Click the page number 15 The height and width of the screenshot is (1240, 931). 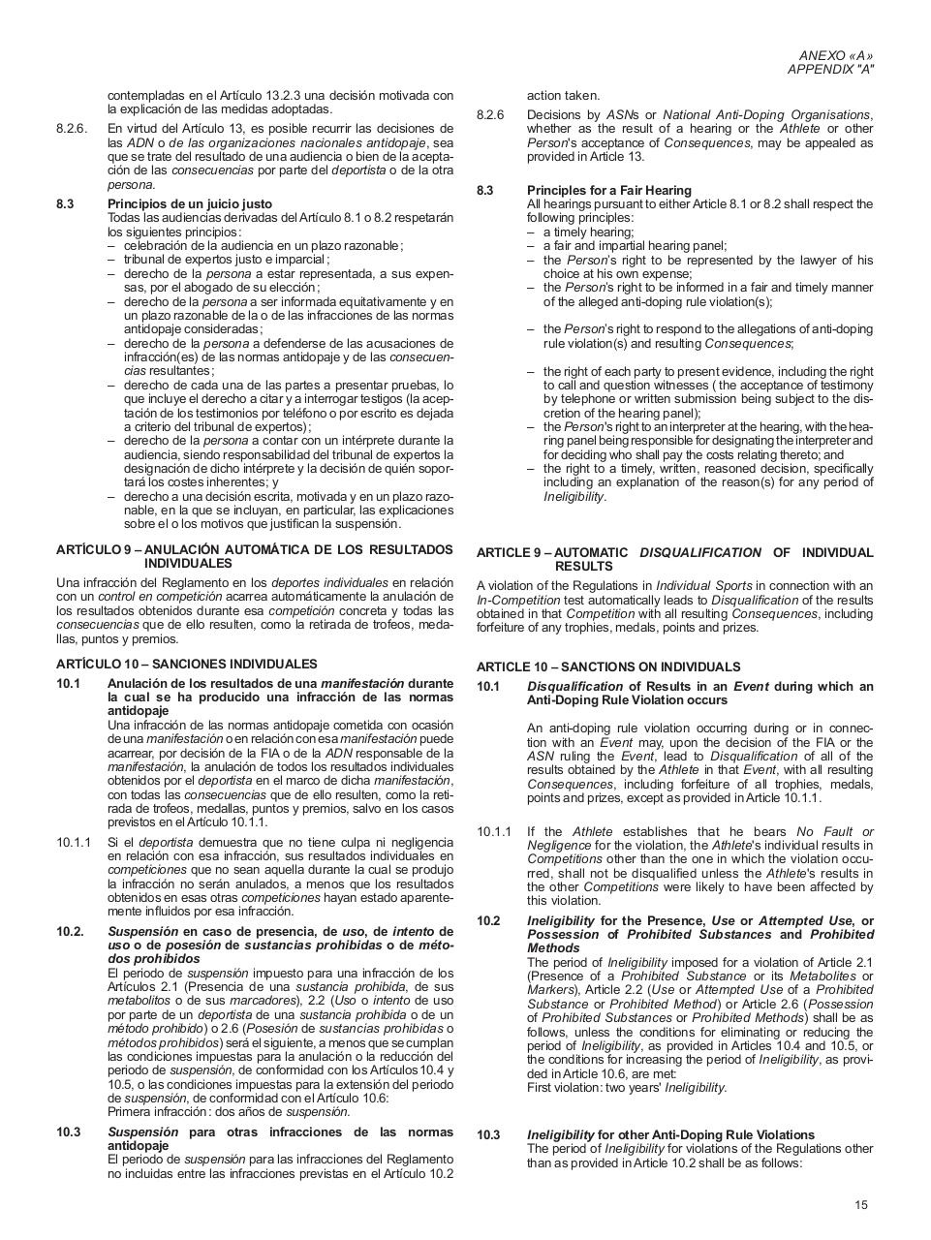coord(861,1204)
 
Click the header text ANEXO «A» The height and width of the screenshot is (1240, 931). coord(835,56)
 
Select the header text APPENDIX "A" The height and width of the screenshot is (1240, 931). coord(829,70)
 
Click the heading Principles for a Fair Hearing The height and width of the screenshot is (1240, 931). coord(608,191)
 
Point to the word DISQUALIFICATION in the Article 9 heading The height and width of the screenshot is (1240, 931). coord(699,552)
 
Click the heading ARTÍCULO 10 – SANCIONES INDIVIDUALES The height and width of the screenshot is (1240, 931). coord(186,664)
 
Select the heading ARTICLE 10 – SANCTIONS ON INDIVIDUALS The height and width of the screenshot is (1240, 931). coord(607,666)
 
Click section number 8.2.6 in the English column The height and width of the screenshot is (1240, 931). coord(490,115)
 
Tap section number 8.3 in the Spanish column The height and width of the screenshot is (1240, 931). coord(65,204)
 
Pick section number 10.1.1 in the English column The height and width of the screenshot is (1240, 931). coord(493,831)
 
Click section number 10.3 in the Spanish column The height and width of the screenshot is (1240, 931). coord(68,1131)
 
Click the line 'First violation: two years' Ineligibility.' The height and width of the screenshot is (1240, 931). coord(626,1087)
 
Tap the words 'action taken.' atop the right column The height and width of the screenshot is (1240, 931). coord(563,95)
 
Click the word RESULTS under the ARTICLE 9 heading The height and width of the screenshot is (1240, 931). coord(583,566)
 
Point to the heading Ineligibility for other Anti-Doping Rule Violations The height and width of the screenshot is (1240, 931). coord(670,1134)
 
